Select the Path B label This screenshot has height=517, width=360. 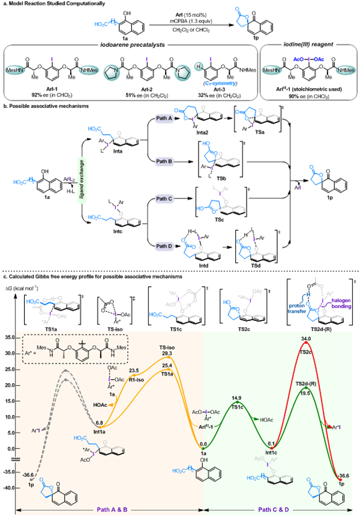coord(164,161)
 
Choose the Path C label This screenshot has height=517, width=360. coord(164,199)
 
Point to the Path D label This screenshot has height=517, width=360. coord(164,245)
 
